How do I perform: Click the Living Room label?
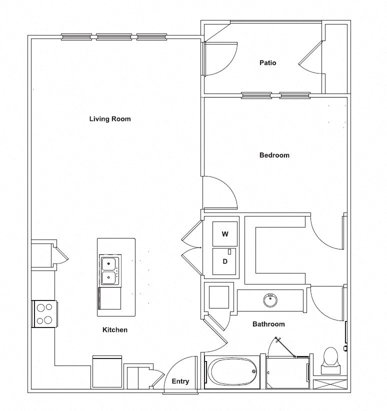110,119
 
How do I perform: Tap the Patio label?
267,62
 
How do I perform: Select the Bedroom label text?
274,155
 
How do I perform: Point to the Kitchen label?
115,329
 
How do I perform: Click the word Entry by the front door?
180,381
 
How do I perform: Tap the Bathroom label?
268,324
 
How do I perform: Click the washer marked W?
225,234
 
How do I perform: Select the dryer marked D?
224,261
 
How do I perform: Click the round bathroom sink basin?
270,300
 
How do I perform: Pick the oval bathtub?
232,371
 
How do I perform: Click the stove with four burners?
44,314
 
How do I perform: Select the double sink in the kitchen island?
110,270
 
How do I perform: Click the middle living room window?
114,37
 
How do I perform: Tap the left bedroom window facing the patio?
256,95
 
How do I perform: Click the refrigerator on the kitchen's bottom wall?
107,371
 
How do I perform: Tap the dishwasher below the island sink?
109,298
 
